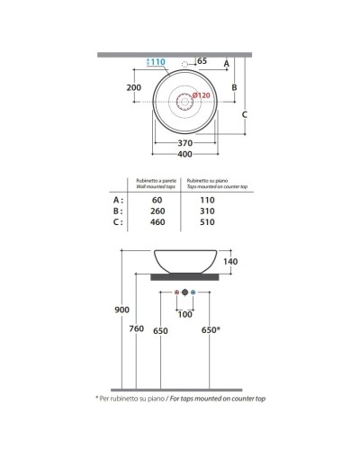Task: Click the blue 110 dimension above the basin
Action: [x=157, y=62]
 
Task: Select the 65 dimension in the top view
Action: [x=202, y=61]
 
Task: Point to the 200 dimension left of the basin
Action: [x=135, y=88]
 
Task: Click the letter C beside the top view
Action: [x=245, y=112]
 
